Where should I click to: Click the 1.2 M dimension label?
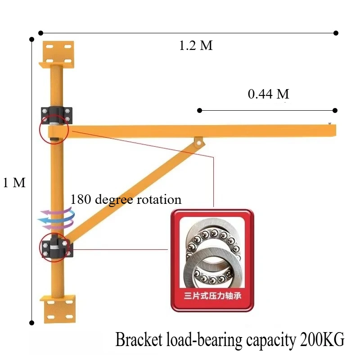pyautogui.click(x=196, y=45)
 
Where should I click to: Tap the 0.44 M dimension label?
pyautogui.click(x=268, y=94)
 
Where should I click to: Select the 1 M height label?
pyautogui.click(x=14, y=183)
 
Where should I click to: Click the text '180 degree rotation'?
pyautogui.click(x=126, y=199)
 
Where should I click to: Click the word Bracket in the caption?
pyautogui.click(x=139, y=339)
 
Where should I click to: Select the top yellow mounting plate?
pyautogui.click(x=57, y=54)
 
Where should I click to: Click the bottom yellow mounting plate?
pyautogui.click(x=58, y=309)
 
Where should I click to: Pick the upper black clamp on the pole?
pyautogui.click(x=57, y=116)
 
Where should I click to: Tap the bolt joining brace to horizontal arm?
pyautogui.click(x=199, y=143)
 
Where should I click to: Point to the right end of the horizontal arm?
pyautogui.click(x=336, y=130)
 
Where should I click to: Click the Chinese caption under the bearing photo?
pyautogui.click(x=212, y=296)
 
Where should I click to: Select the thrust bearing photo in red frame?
pyautogui.click(x=212, y=261)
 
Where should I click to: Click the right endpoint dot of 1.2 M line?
pyautogui.click(x=336, y=33)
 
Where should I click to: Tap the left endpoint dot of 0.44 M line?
pyautogui.click(x=199, y=111)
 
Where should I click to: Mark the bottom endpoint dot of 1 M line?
pyautogui.click(x=32, y=323)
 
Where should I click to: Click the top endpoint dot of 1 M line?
pyautogui.click(x=32, y=40)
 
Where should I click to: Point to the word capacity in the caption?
pyautogui.click(x=271, y=340)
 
